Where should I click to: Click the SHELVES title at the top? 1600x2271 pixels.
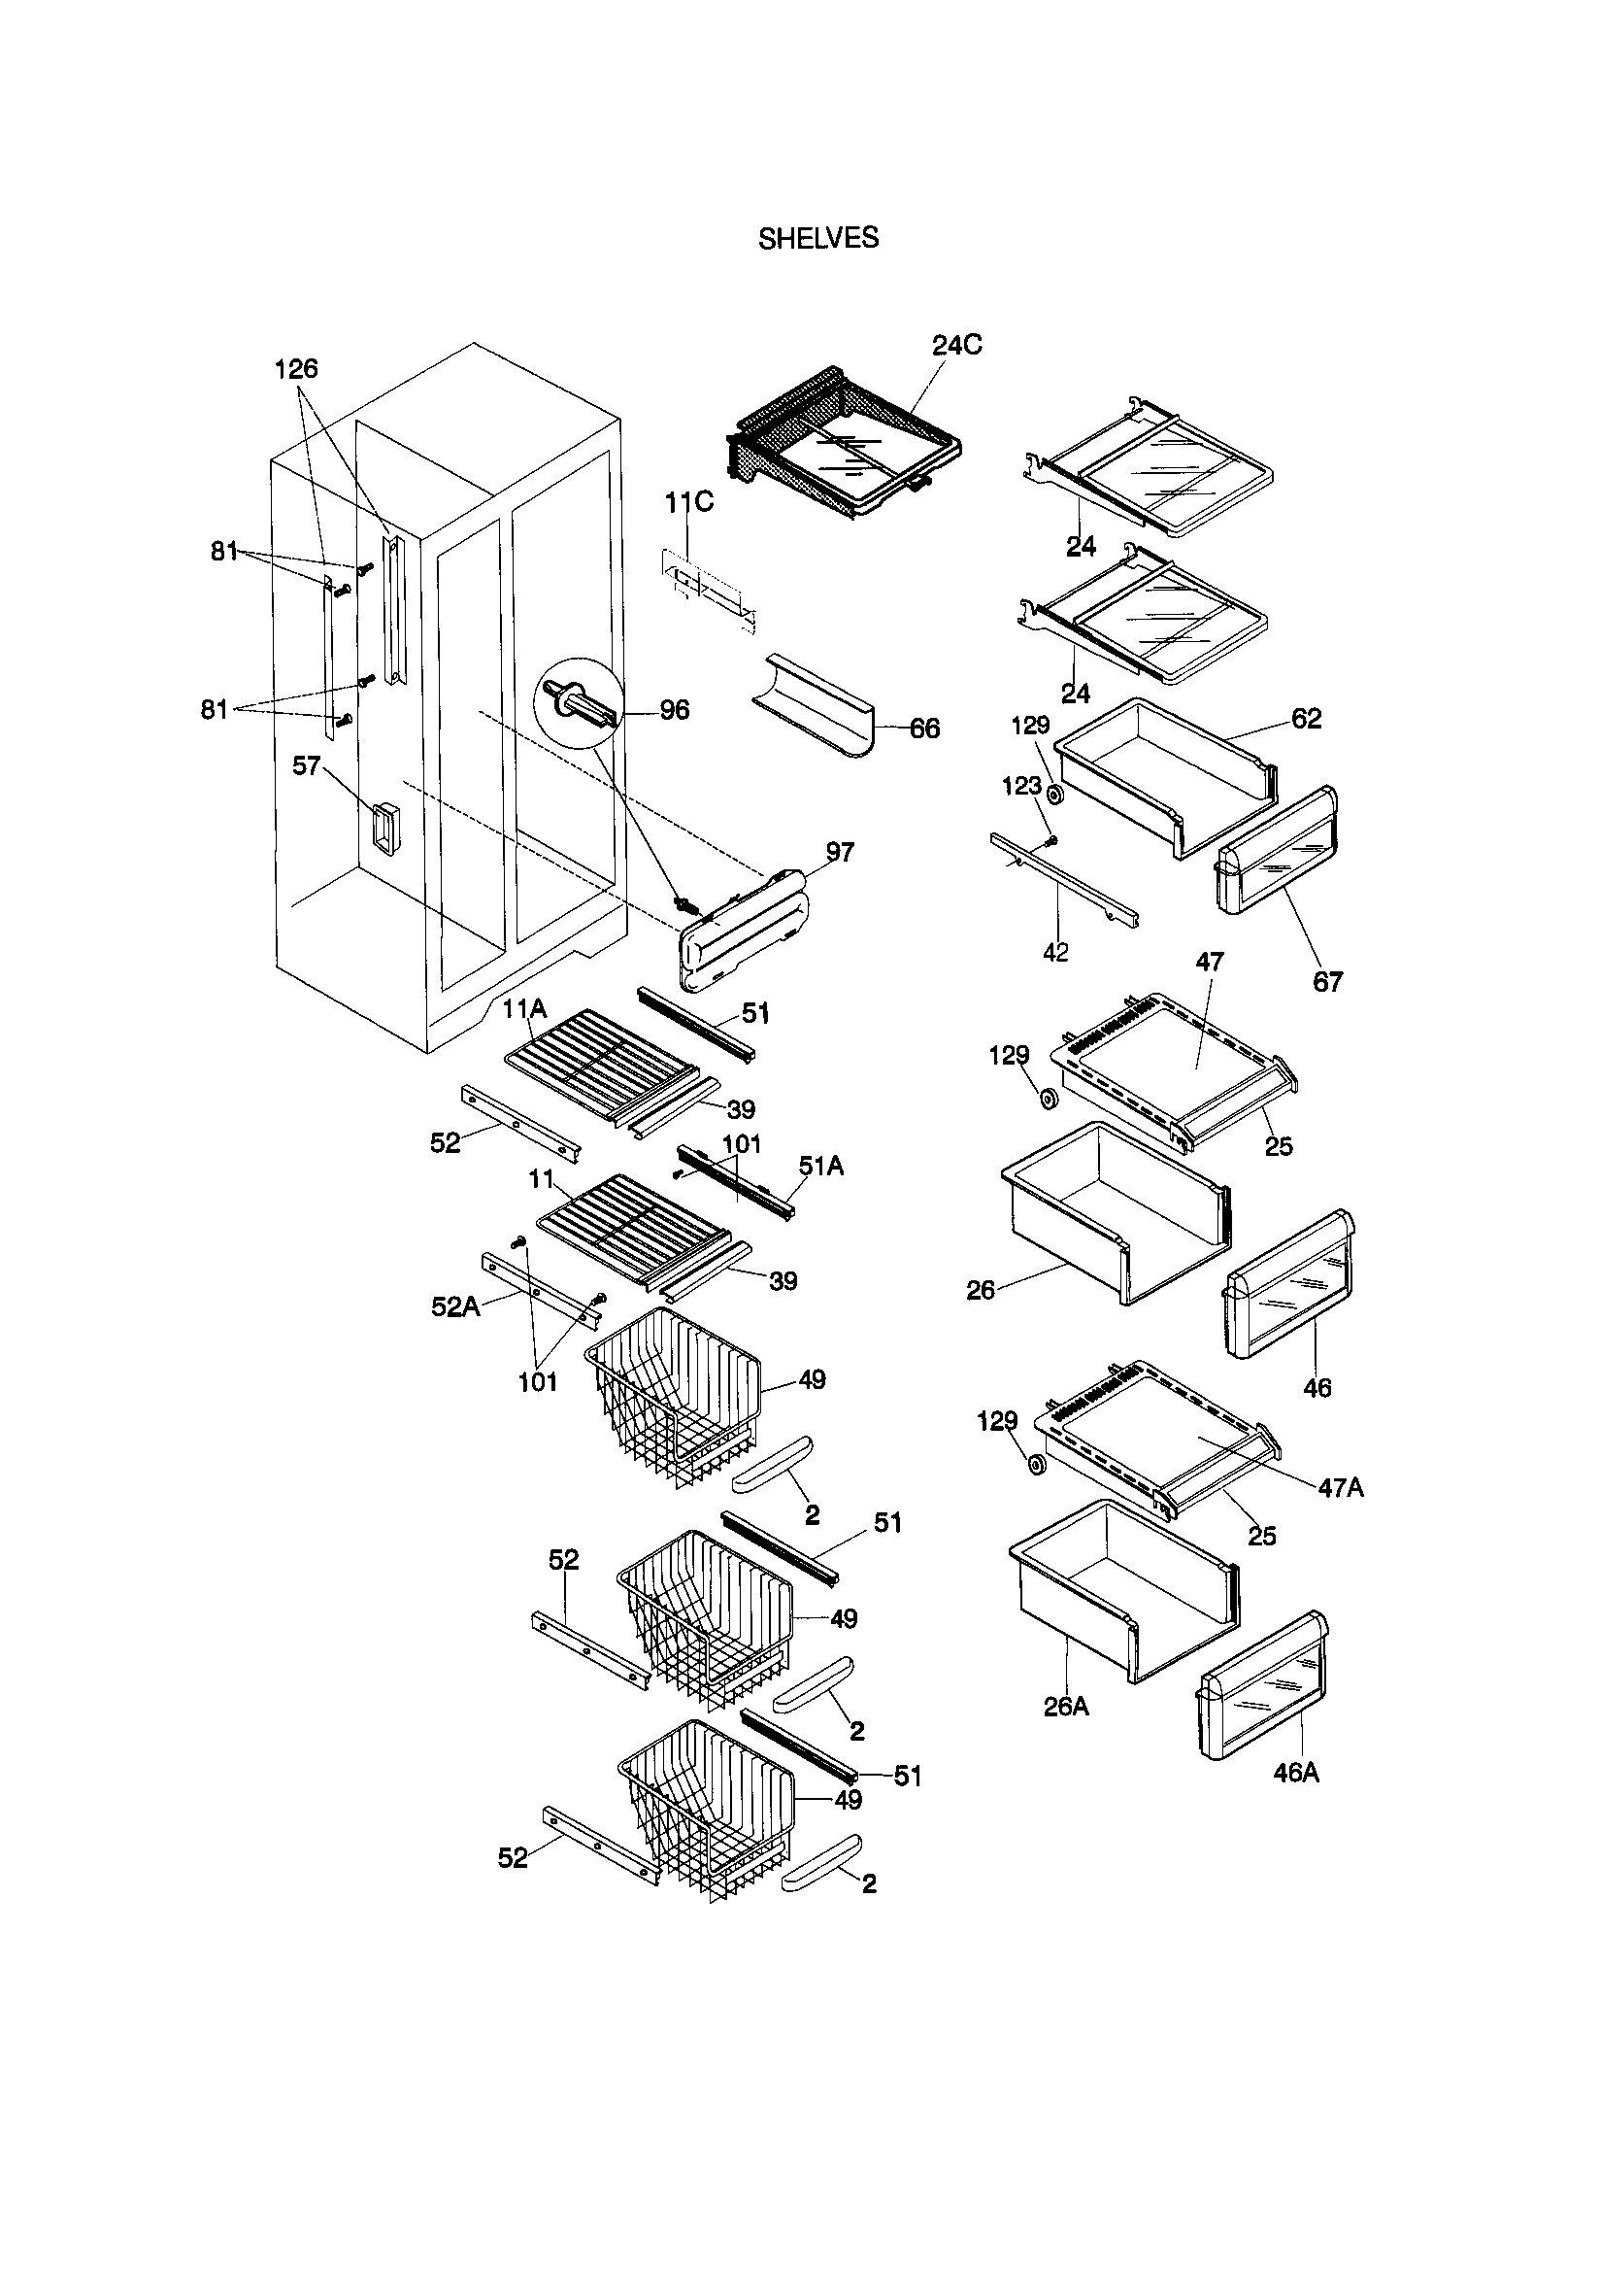click(817, 238)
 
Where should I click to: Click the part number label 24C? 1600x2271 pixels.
click(956, 345)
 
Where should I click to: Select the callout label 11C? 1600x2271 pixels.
click(688, 502)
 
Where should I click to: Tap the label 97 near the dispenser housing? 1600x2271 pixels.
click(840, 852)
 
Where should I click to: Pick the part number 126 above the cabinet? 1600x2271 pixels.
click(296, 369)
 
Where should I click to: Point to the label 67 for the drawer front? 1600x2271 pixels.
click(1327, 981)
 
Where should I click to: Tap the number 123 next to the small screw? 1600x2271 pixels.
click(1020, 786)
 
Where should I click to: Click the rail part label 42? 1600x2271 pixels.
click(1055, 952)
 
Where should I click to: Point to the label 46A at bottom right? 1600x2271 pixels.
click(1295, 1773)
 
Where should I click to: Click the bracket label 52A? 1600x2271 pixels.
click(455, 1306)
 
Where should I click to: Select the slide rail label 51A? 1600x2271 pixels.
click(820, 1167)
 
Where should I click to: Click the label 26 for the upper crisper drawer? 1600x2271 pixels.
click(980, 1290)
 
